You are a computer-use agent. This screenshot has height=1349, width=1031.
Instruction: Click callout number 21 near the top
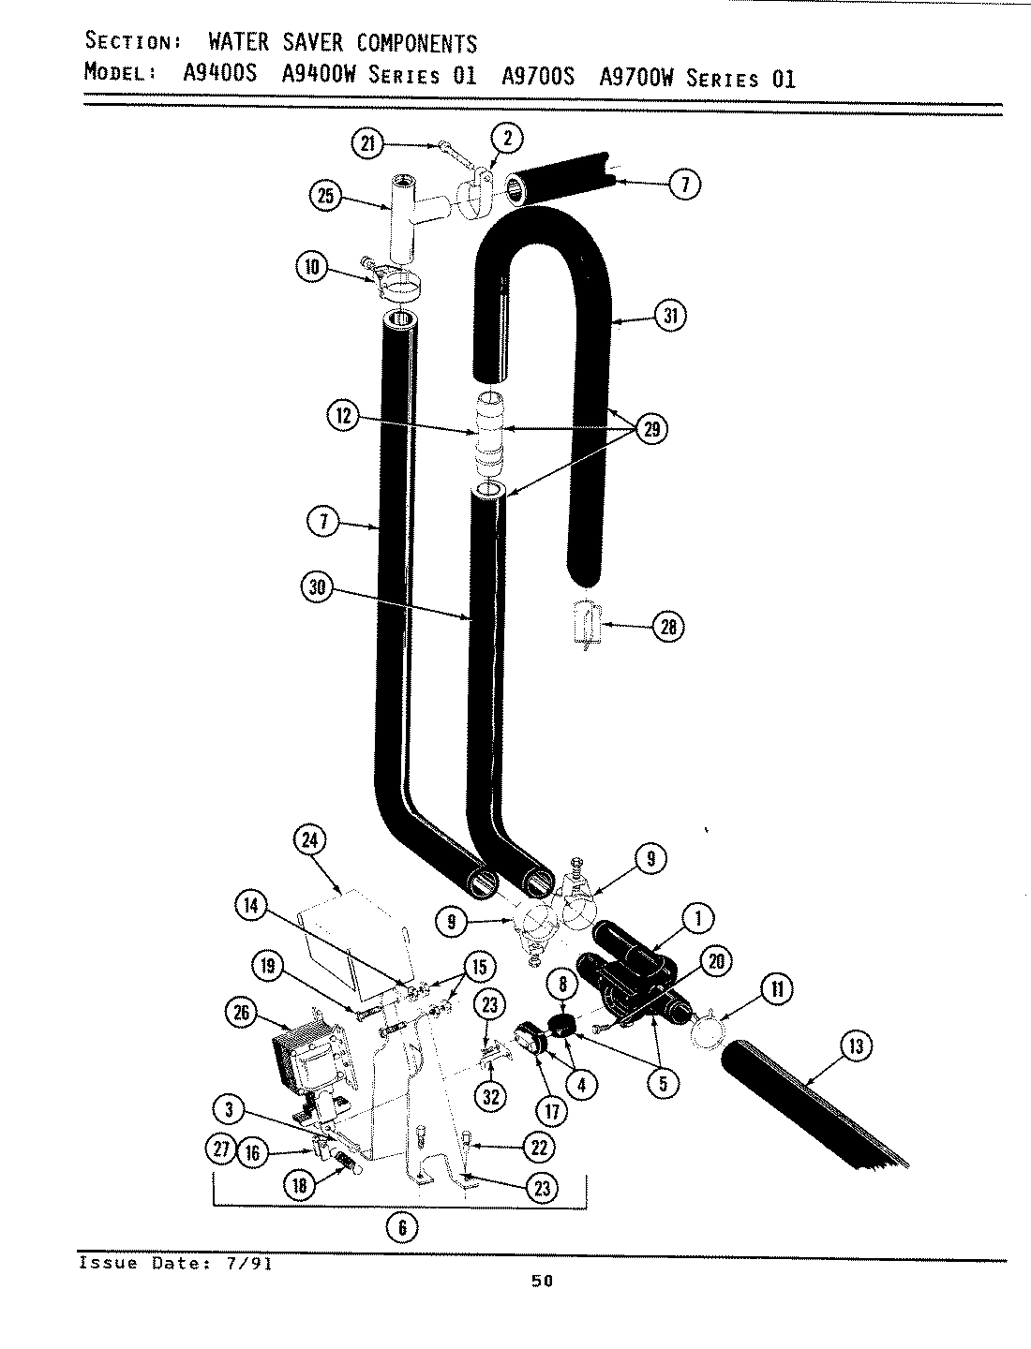point(367,143)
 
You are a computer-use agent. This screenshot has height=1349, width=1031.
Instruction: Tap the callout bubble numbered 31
point(670,316)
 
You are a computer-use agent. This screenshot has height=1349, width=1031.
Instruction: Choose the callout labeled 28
point(667,627)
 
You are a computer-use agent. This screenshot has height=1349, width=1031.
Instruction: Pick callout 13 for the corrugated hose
point(855,1046)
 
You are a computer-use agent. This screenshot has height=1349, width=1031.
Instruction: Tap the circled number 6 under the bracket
point(402,1227)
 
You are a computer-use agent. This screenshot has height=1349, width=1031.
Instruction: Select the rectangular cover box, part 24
point(351,937)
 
